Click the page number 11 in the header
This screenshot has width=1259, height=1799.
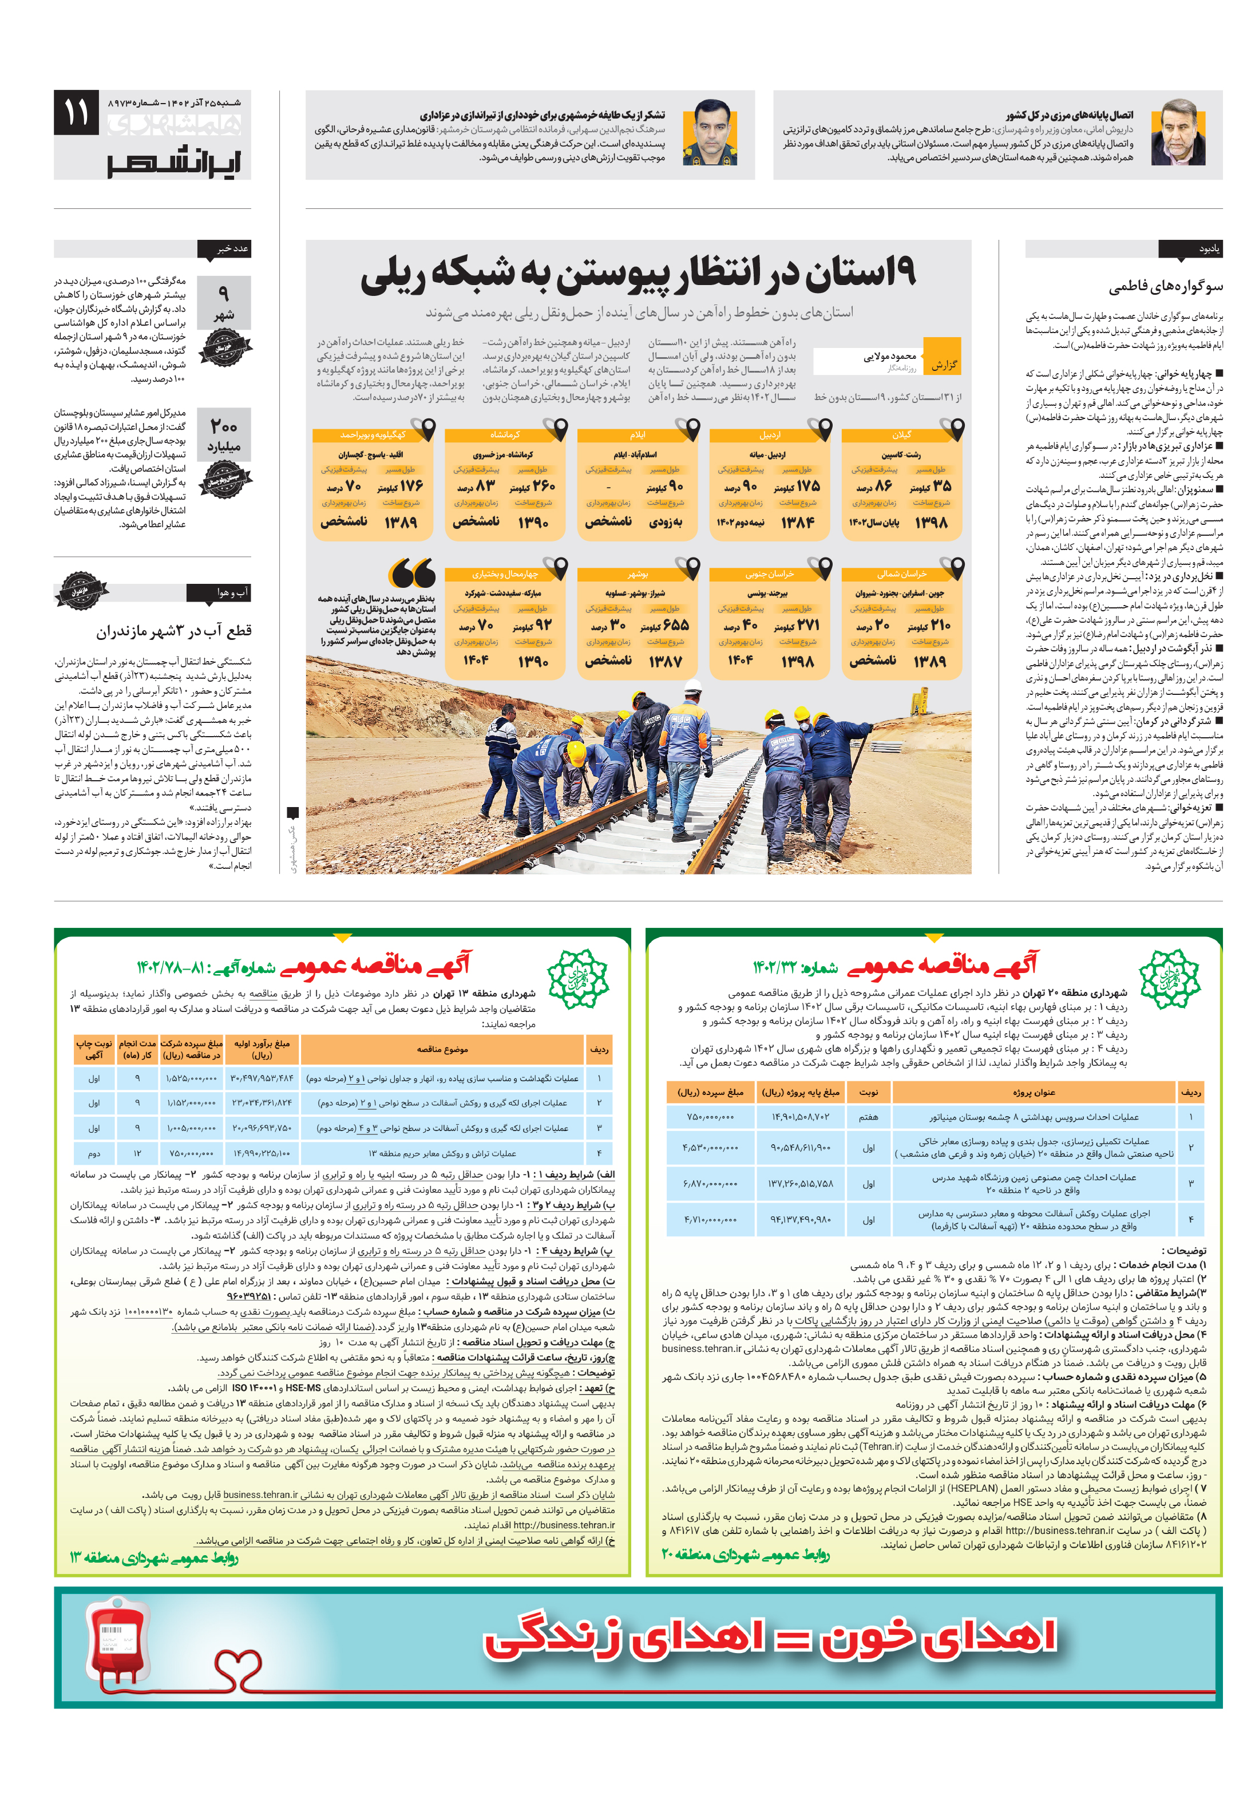click(x=76, y=113)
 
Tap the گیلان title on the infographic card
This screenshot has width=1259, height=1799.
click(x=901, y=434)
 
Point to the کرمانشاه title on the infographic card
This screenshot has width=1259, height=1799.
click(x=505, y=434)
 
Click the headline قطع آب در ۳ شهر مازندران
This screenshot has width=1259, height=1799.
click(x=173, y=631)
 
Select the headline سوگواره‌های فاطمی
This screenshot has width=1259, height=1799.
click(x=1164, y=287)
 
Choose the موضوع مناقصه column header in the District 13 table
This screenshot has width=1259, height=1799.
click(x=442, y=1049)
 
